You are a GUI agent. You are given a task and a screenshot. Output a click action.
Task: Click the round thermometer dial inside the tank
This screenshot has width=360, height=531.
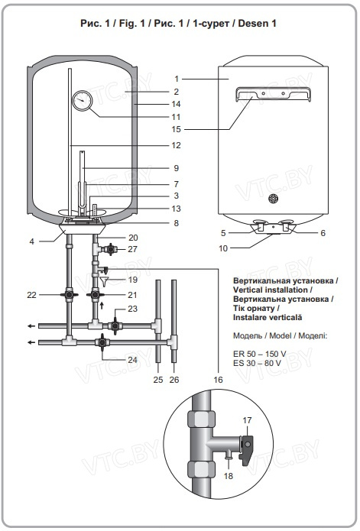tap(82, 100)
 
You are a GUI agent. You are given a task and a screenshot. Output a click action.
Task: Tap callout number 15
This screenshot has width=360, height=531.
tap(176, 129)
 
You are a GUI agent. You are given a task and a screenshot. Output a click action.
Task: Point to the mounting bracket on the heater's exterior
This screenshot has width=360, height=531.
tap(274, 93)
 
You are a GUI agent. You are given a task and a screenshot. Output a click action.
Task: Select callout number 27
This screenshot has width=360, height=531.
tap(132, 249)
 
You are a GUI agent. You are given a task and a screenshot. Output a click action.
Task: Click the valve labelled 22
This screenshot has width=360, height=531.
tap(70, 295)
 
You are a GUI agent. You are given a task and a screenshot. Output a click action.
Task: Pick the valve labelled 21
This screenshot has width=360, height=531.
tap(96, 295)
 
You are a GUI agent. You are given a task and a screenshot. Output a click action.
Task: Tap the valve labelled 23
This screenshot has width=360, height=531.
tap(115, 325)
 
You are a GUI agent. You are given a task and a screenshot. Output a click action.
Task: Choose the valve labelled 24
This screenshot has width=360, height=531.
tap(102, 342)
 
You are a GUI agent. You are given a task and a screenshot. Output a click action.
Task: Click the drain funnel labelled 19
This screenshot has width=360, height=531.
tap(104, 281)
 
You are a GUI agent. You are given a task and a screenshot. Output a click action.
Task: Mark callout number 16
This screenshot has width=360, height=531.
tap(218, 380)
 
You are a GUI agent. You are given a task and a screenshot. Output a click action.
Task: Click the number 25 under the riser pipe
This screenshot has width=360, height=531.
tap(158, 380)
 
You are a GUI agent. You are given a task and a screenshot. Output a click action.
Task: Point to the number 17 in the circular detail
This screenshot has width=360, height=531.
tap(247, 420)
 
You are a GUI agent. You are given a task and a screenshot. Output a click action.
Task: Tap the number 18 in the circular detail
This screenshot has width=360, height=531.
tap(229, 476)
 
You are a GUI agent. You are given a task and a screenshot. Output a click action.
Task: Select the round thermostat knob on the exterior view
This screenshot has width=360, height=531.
tap(274, 199)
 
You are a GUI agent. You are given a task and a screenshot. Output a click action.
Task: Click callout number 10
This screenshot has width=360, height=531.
tap(223, 248)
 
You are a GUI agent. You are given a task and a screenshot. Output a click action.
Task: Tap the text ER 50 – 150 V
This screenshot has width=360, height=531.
tap(259, 354)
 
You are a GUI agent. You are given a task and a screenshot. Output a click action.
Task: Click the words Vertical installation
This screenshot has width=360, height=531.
tap(271, 290)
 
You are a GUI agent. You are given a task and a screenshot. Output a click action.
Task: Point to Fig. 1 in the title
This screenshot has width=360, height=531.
tap(131, 24)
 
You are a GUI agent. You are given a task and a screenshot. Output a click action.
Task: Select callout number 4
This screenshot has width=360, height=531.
tap(31, 241)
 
